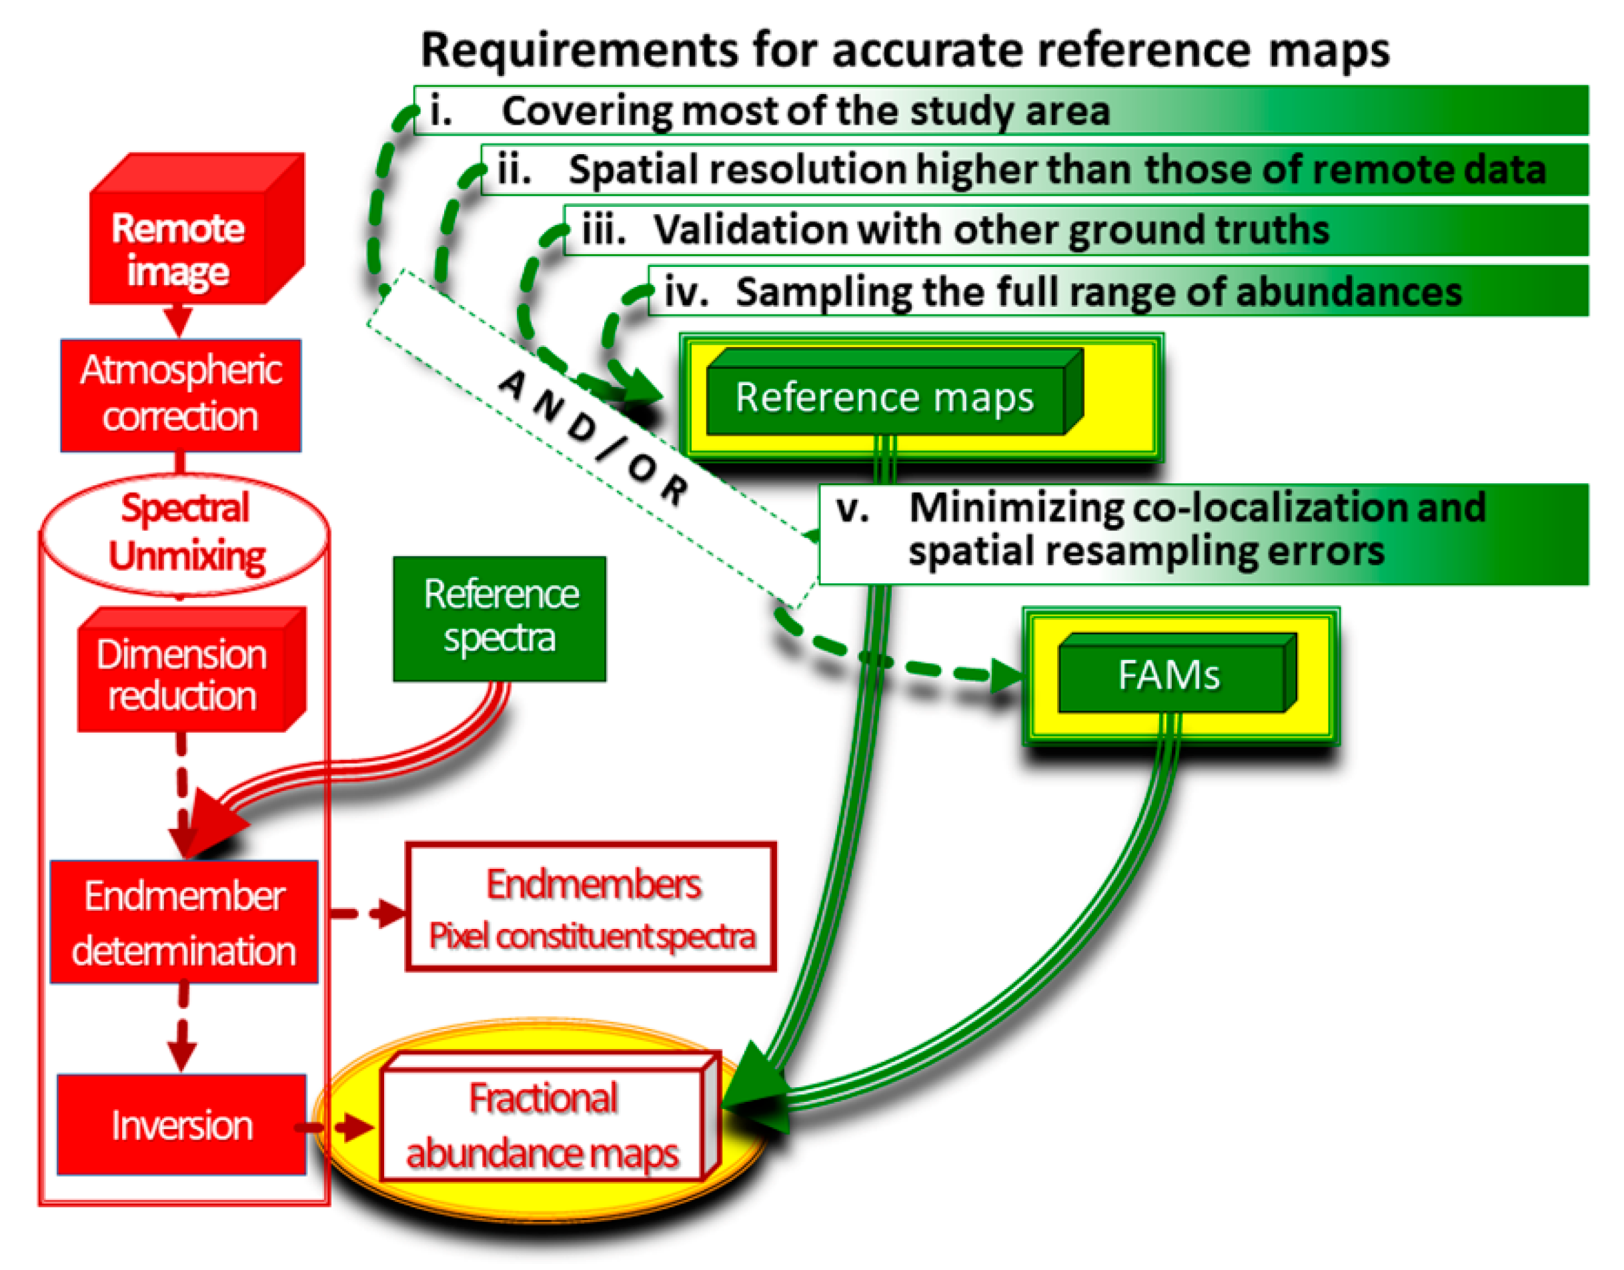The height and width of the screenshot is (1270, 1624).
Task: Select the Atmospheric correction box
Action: point(181,395)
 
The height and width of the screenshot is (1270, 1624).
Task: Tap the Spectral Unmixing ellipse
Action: point(185,533)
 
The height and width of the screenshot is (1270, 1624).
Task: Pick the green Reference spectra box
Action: point(499,617)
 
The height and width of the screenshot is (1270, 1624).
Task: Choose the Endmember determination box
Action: point(183,922)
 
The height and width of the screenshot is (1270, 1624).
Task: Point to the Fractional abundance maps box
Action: point(543,1124)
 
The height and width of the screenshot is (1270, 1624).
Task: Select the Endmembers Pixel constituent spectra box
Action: point(591,907)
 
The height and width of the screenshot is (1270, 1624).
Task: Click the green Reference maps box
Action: point(885,397)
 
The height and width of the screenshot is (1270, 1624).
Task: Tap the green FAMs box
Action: point(1169,675)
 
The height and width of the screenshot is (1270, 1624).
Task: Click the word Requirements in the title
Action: point(580,51)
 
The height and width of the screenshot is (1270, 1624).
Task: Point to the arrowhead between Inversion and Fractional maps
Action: point(355,1128)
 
